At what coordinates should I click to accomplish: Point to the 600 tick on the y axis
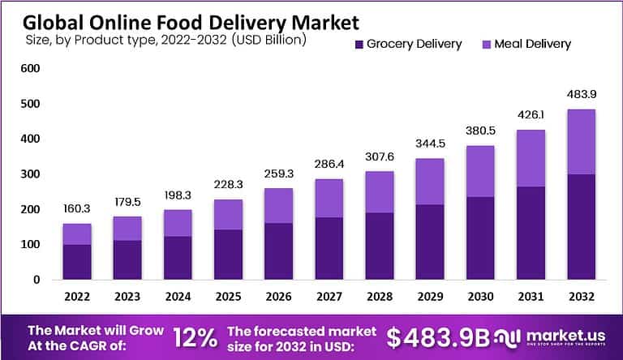point(30,69)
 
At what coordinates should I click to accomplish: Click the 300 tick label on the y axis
point(30,174)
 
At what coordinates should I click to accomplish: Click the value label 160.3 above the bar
point(77,209)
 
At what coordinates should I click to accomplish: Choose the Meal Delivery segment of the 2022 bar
point(77,234)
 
